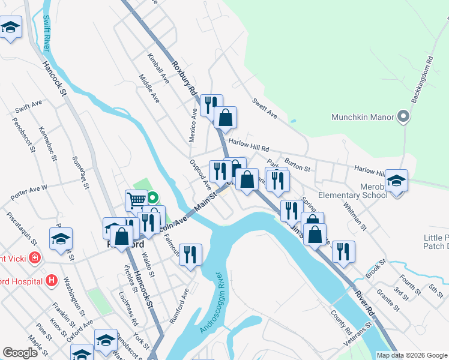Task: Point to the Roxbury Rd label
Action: click(x=184, y=78)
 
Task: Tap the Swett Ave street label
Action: click(x=264, y=107)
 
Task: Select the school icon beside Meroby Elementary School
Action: click(x=396, y=180)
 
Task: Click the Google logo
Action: click(x=20, y=353)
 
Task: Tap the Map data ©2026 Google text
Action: click(x=412, y=355)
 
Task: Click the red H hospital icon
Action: click(x=52, y=280)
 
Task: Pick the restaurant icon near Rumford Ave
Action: click(x=190, y=254)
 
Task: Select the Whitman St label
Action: click(x=355, y=215)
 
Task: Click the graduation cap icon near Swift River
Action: click(x=11, y=28)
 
